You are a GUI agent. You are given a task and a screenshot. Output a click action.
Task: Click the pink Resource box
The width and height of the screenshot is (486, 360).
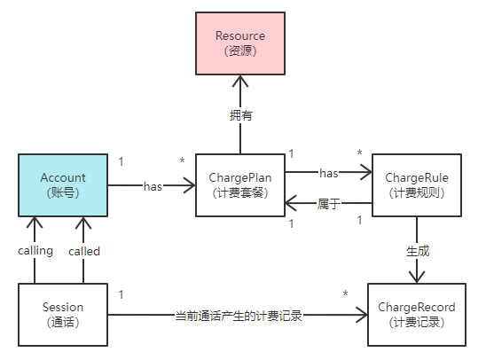(240, 43)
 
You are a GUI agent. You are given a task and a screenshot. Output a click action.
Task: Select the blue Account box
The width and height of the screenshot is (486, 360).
(63, 185)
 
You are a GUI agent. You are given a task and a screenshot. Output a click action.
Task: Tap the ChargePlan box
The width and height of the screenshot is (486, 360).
(240, 185)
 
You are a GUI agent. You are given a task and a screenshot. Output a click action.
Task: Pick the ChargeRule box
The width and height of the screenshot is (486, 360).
(417, 185)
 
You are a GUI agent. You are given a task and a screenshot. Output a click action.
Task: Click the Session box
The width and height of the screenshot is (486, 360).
(63, 315)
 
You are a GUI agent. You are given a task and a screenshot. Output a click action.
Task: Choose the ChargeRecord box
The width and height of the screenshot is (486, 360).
(417, 315)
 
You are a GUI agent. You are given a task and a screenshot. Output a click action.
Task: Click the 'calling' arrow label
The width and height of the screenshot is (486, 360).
(35, 251)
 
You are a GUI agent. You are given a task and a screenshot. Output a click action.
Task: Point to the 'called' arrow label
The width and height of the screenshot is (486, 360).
(84, 251)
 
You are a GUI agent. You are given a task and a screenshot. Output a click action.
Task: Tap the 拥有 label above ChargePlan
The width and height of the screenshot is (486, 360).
(240, 115)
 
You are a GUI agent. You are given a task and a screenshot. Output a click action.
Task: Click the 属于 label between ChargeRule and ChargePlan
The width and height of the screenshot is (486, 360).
(328, 204)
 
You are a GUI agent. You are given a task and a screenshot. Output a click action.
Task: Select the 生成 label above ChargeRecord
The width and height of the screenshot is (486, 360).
(417, 251)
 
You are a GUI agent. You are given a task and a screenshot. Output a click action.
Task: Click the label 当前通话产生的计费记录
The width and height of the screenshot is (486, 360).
(239, 315)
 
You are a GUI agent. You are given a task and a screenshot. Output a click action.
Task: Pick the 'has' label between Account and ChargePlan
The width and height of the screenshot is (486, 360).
(153, 186)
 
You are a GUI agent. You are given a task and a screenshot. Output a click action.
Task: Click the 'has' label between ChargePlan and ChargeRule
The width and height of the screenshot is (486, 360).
(328, 173)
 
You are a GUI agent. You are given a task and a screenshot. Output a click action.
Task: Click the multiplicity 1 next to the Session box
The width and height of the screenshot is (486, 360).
(121, 293)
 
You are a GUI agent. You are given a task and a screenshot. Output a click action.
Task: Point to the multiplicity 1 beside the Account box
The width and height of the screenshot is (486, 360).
(121, 161)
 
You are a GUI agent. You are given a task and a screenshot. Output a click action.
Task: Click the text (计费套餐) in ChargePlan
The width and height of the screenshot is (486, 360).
(240, 193)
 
